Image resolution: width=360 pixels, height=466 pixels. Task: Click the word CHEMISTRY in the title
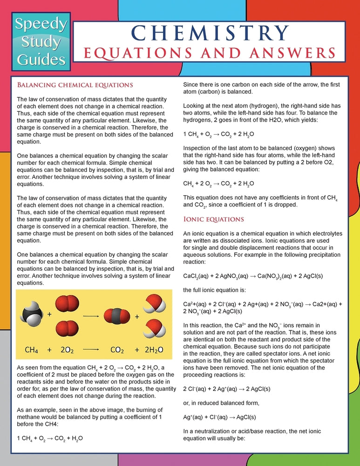[209, 32]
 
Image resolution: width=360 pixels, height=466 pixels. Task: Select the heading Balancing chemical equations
[75, 85]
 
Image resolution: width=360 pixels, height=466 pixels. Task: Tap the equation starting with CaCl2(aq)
[253, 276]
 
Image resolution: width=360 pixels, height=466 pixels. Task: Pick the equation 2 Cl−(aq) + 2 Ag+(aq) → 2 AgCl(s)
[226, 389]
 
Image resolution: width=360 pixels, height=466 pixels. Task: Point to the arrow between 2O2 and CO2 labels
[91, 349]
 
